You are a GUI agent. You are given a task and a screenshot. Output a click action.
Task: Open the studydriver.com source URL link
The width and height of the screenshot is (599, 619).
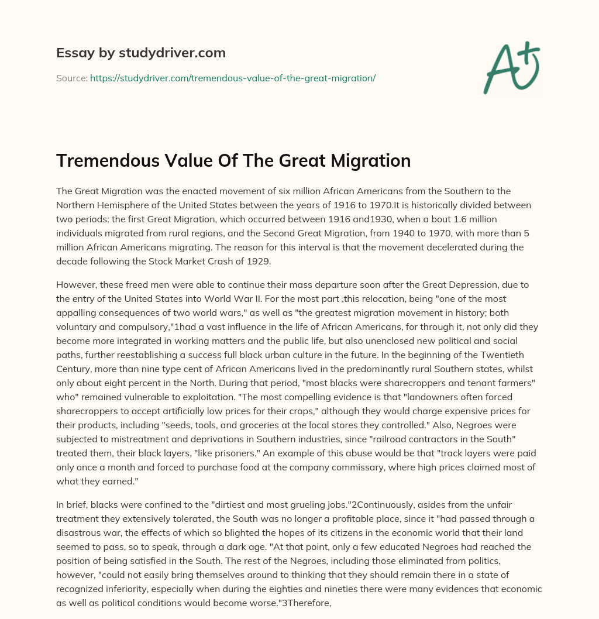coord(232,77)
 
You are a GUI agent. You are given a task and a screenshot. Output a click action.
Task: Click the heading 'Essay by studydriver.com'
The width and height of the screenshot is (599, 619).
coord(140,53)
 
